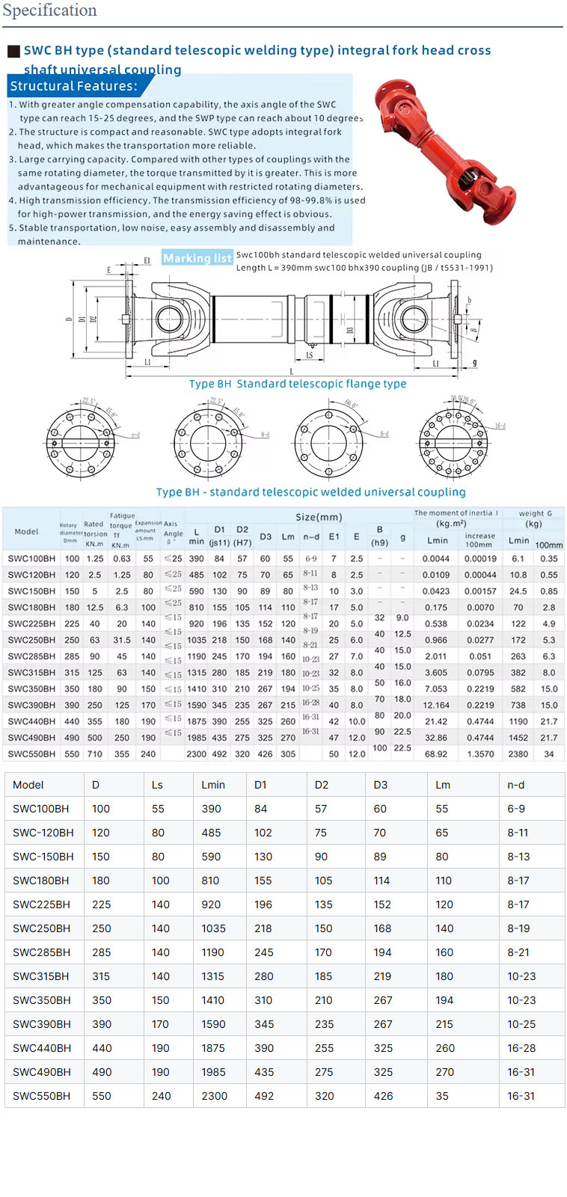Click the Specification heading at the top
pyautogui.click(x=49, y=10)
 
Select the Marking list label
pyautogui.click(x=197, y=258)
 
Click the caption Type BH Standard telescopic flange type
pyautogui.click(x=298, y=384)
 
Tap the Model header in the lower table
pyautogui.click(x=28, y=785)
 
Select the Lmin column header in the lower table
pyautogui.click(x=213, y=785)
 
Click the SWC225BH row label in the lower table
pyautogui.click(x=41, y=904)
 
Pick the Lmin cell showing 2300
pyautogui.click(x=214, y=1096)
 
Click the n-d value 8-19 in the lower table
pyautogui.click(x=518, y=928)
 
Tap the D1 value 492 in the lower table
pyautogui.click(x=263, y=1096)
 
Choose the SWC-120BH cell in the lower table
pyautogui.click(x=43, y=833)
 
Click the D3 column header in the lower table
pyautogui.click(x=381, y=785)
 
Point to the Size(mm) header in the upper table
pyautogui.click(x=319, y=517)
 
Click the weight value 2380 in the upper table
pyautogui.click(x=518, y=754)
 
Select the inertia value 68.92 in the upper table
pyautogui.click(x=436, y=754)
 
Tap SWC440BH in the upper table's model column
pyautogui.click(x=31, y=721)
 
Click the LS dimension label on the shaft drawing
pyautogui.click(x=309, y=355)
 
